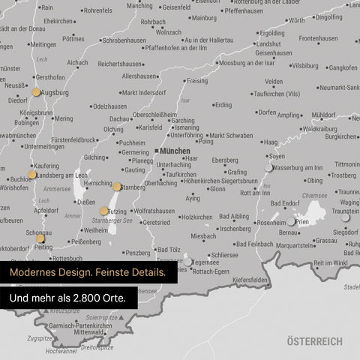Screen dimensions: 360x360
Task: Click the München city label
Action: (x=175, y=151)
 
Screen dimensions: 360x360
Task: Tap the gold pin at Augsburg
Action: (x=36, y=92)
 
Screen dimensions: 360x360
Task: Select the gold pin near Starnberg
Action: (x=117, y=187)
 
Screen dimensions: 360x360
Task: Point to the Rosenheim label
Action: (x=271, y=223)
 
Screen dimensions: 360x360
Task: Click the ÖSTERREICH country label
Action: (x=314, y=341)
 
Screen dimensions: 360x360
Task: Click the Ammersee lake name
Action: (x=57, y=190)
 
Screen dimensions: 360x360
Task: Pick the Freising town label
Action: (x=197, y=80)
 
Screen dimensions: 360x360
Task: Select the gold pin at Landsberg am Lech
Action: (x=31, y=175)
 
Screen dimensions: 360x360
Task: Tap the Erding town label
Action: (x=223, y=105)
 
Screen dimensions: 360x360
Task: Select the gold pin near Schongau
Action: (x=40, y=238)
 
